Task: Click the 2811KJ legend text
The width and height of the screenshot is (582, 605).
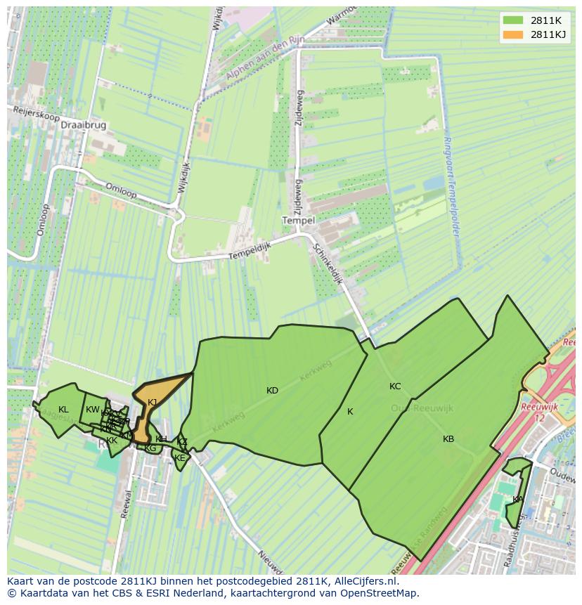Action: pyautogui.click(x=548, y=34)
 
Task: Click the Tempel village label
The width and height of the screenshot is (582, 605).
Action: pyautogui.click(x=298, y=220)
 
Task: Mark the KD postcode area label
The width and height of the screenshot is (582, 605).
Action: pyautogui.click(x=272, y=391)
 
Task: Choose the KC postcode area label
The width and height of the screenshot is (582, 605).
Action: pyautogui.click(x=395, y=386)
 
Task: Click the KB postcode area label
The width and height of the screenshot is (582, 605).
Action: pyautogui.click(x=448, y=439)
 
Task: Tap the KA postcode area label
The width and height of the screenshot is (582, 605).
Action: pyautogui.click(x=517, y=500)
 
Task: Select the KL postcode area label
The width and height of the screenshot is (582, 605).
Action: pyautogui.click(x=63, y=410)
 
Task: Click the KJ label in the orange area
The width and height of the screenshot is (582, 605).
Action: pyautogui.click(x=152, y=403)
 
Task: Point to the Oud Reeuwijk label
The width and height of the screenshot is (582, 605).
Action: pyautogui.click(x=422, y=408)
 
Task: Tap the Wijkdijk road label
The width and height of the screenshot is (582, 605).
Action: pyautogui.click(x=183, y=183)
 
